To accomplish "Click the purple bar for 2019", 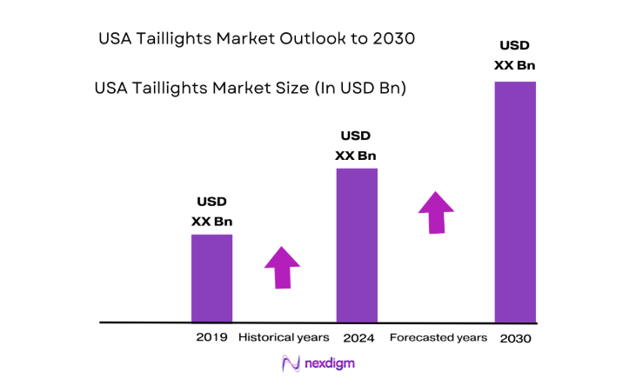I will coord(211,278).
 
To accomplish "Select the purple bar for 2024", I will coord(357,245).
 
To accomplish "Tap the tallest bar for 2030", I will coord(515,202).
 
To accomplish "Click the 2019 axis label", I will coord(212,337).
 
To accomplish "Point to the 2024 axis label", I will coord(358,337).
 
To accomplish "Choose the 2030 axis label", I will coord(515,338).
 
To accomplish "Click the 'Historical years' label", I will coord(284,337).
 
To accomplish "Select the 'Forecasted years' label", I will coord(439,337).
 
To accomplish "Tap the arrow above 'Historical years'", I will coord(282,267).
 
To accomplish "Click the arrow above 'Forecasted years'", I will coord(436,213).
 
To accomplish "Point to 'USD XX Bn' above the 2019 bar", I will coord(211,211).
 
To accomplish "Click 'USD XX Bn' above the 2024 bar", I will coord(356,145).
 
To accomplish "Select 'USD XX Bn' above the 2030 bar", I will coord(515,55).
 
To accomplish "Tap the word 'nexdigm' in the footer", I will coord(330,364).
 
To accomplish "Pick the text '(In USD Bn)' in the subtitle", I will coord(364,89).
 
